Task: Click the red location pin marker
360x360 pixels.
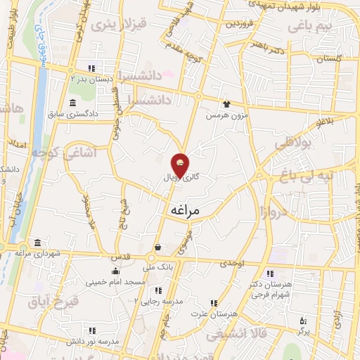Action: [180, 164]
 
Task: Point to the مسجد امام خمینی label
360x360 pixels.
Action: [116, 283]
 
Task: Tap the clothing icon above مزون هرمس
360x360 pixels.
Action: [226, 103]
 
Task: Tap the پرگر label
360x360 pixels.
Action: [302, 329]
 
